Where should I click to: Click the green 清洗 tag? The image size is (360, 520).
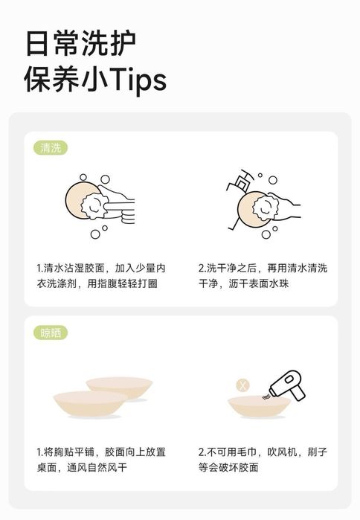51,148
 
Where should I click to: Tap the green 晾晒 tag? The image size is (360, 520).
51,333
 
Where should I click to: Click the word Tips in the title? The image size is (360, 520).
138,80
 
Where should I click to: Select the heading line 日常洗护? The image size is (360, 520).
80,43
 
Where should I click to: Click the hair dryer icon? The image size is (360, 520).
288,385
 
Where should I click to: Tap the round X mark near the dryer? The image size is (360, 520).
242,385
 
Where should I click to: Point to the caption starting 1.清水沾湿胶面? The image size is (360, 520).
100,275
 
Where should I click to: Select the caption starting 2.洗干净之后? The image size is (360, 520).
263,275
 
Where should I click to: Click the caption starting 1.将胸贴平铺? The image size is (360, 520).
100,460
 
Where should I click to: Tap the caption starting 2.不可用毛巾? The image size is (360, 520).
263,460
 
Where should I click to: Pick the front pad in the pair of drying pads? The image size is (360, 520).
90,404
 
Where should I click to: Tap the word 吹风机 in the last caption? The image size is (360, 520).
283,452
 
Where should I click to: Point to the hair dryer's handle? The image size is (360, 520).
298,392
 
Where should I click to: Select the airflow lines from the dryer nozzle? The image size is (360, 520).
266,397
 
